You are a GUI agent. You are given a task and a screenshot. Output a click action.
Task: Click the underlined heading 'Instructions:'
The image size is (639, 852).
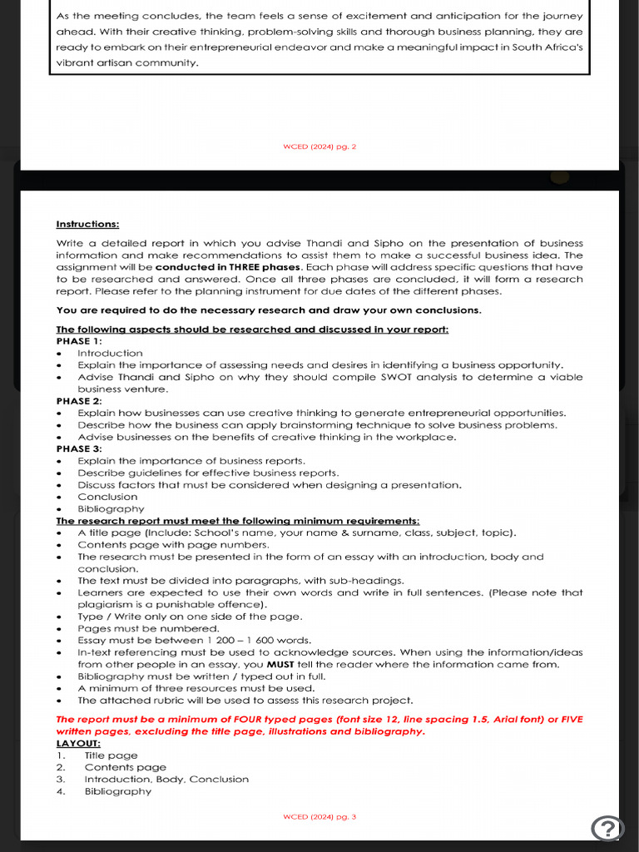tap(87, 224)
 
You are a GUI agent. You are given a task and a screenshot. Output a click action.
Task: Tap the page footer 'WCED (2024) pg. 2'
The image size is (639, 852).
tap(319, 146)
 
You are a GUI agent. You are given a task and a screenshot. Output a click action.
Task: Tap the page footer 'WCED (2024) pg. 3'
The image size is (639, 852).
tap(319, 816)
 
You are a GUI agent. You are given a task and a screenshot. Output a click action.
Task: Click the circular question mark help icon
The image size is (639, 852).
tap(607, 828)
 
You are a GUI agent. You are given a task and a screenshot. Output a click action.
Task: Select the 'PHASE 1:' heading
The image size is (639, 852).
tap(79, 341)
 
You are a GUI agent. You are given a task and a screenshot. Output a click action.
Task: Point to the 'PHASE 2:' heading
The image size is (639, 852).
tap(79, 401)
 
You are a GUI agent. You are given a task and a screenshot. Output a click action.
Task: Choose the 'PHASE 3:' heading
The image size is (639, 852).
tap(79, 449)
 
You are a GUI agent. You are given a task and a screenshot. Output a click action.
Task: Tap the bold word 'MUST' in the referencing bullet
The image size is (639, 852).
tap(280, 664)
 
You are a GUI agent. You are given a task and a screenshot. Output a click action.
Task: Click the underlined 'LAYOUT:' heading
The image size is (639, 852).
tap(78, 743)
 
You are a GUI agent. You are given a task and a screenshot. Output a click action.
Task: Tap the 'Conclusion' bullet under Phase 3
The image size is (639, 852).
tap(107, 497)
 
